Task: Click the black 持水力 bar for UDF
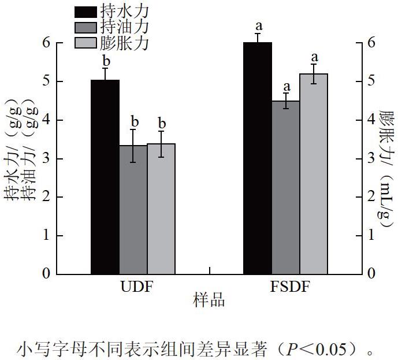(x=105, y=177)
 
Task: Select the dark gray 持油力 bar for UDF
(x=133, y=210)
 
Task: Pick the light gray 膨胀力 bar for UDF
(x=161, y=209)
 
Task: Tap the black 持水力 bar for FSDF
(x=258, y=158)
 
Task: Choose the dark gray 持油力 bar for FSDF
(x=286, y=188)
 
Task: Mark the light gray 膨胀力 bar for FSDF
(x=314, y=174)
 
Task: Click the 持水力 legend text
(x=124, y=12)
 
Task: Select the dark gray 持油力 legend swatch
(x=85, y=28)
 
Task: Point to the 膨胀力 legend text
(x=124, y=43)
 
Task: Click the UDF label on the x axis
(x=137, y=287)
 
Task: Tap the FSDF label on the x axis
(x=290, y=287)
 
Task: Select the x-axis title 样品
(x=209, y=300)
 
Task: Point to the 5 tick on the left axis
(x=46, y=81)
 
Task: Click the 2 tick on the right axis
(x=371, y=196)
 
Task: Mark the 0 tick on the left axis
(x=46, y=274)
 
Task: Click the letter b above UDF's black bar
(x=106, y=61)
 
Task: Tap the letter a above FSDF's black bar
(x=259, y=26)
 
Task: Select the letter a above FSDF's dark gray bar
(x=287, y=87)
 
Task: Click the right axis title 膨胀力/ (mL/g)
(x=387, y=169)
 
